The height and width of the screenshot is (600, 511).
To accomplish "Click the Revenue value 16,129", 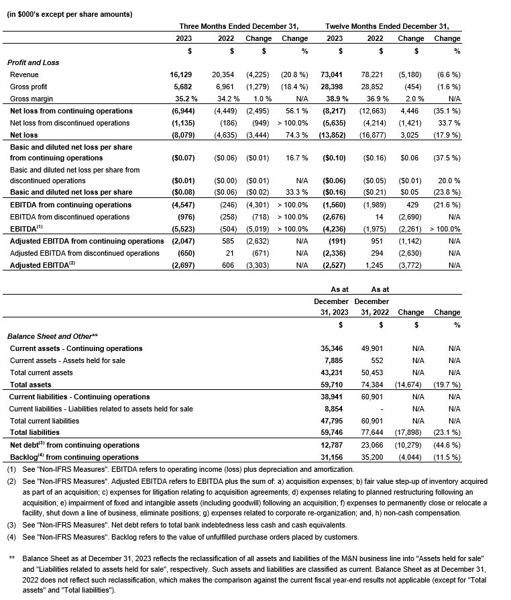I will pos(180,74).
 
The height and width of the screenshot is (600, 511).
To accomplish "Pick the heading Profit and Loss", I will pos(34,62).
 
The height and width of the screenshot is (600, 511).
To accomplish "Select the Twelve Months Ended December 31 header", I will pos(387,26).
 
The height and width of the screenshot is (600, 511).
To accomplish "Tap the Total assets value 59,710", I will pos(333,385).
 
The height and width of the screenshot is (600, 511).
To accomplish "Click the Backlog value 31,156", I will pos(333,457).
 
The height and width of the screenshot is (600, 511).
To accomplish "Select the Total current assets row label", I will pos(41,372).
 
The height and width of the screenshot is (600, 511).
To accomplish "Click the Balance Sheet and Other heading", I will pos(53,336).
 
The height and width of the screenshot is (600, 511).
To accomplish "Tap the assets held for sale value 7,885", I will pos(335,360).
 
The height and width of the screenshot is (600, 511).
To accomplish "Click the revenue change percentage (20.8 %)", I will pos(295,74).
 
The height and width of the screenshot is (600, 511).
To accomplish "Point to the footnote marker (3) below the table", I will pos(11,526).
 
